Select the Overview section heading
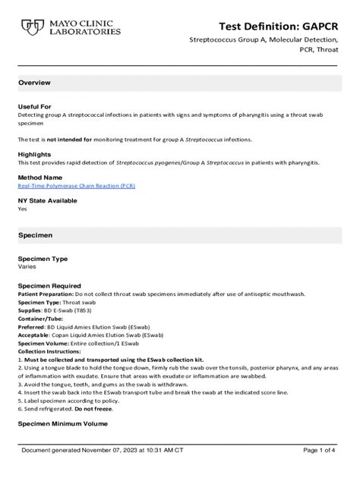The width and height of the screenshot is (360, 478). [35, 82]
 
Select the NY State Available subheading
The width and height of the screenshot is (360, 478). [47, 201]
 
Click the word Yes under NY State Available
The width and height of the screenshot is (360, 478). [22, 209]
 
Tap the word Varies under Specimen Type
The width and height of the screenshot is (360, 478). [27, 267]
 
